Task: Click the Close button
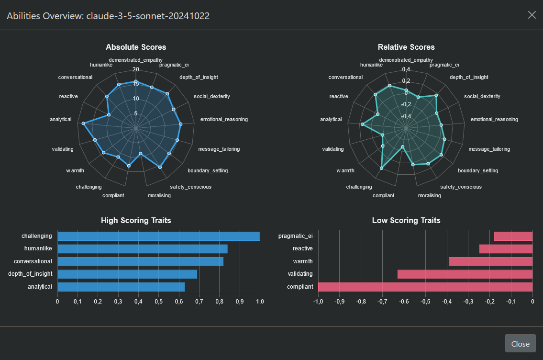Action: tap(520, 344)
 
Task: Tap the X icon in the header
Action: tap(532, 15)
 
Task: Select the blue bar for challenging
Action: tap(158, 236)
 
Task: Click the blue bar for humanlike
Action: tap(142, 249)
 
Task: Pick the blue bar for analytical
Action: tap(121, 287)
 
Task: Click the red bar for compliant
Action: tap(425, 287)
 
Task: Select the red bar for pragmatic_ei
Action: tap(513, 236)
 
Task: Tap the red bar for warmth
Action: tap(491, 261)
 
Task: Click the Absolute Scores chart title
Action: tap(136, 47)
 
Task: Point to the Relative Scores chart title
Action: tap(406, 47)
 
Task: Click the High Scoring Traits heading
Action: tap(136, 221)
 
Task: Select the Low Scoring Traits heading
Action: tap(406, 221)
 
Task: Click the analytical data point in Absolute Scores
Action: tap(84, 124)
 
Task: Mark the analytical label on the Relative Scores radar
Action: tap(331, 119)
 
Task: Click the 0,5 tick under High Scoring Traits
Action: tap(158, 302)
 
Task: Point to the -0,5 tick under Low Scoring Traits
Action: tap(425, 302)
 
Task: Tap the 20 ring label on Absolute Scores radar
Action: tap(136, 69)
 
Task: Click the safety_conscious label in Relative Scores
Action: tap(461, 187)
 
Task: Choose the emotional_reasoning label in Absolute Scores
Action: tap(224, 119)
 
